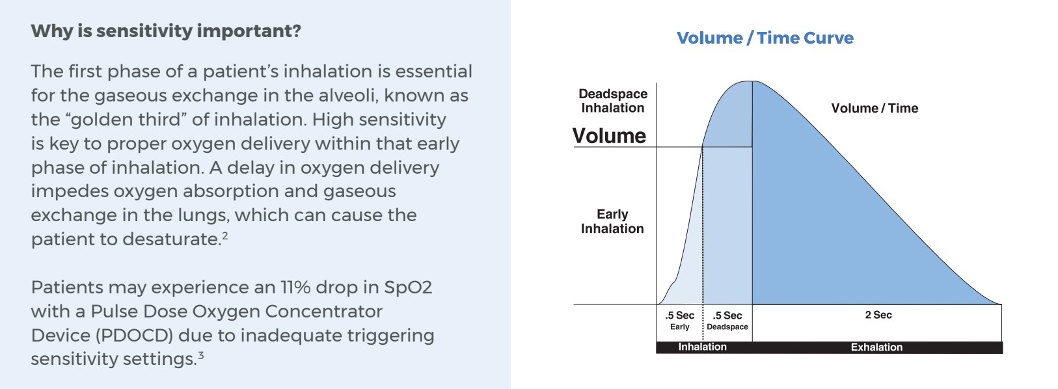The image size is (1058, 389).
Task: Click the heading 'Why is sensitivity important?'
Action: pos(166,31)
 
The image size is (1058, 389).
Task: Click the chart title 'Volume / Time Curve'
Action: pos(765,38)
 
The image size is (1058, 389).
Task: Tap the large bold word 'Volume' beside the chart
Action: pos(609,136)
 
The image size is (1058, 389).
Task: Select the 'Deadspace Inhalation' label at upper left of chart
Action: pos(612,101)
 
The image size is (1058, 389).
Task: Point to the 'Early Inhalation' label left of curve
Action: pos(612,221)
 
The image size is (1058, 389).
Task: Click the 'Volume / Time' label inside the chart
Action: pos(875,108)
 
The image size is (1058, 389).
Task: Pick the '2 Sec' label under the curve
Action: pos(878,315)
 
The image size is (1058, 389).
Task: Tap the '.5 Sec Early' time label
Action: pos(680,321)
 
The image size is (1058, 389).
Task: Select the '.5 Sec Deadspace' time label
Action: pos(727,321)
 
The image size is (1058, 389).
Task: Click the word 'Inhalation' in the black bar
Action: pos(702,347)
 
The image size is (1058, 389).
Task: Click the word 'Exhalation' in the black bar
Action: pos(876,347)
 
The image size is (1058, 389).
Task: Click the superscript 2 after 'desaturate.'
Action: pos(225,235)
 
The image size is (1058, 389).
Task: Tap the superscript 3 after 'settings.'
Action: pos(201,355)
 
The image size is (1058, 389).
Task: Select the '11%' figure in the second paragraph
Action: pos(295,287)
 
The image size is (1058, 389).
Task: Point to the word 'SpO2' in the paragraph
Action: pos(407,288)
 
